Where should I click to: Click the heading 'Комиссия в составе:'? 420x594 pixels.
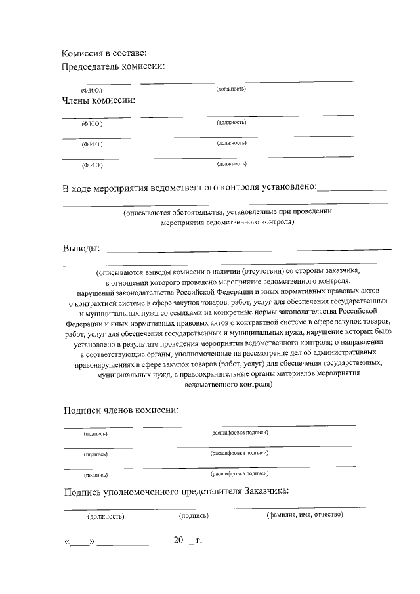[104, 53]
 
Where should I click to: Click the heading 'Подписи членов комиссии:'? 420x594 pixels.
[121, 410]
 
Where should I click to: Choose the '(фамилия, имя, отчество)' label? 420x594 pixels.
[304, 515]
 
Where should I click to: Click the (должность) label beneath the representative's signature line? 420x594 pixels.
[106, 516]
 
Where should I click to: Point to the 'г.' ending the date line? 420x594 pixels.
[199, 541]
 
